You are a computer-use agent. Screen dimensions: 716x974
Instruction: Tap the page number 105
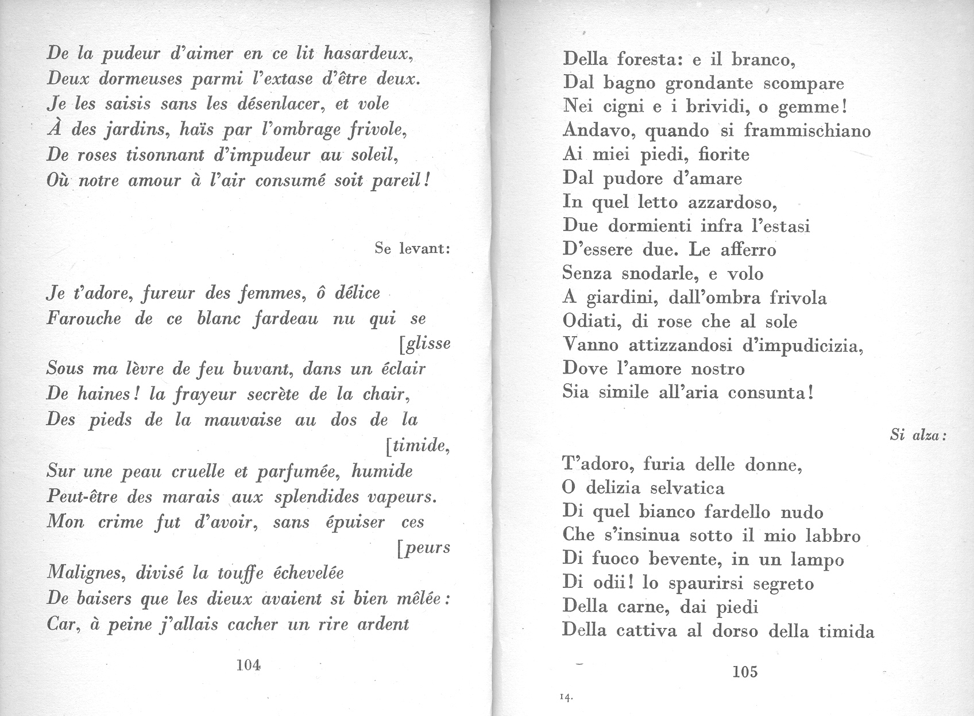tap(745, 671)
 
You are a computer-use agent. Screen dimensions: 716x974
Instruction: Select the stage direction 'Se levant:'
tap(412, 248)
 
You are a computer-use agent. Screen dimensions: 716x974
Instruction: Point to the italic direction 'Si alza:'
tap(918, 435)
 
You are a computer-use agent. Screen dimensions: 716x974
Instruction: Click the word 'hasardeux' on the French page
tap(366, 53)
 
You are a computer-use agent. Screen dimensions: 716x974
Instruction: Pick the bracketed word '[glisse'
tap(424, 344)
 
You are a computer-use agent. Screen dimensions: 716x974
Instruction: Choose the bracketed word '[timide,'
tap(416, 445)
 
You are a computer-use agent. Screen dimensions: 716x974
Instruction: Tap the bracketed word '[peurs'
tap(423, 548)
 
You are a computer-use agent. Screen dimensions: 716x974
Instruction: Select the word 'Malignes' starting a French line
tap(86, 573)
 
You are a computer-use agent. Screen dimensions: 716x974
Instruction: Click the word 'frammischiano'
tap(807, 130)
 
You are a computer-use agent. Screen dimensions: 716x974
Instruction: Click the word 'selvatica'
tap(687, 488)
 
